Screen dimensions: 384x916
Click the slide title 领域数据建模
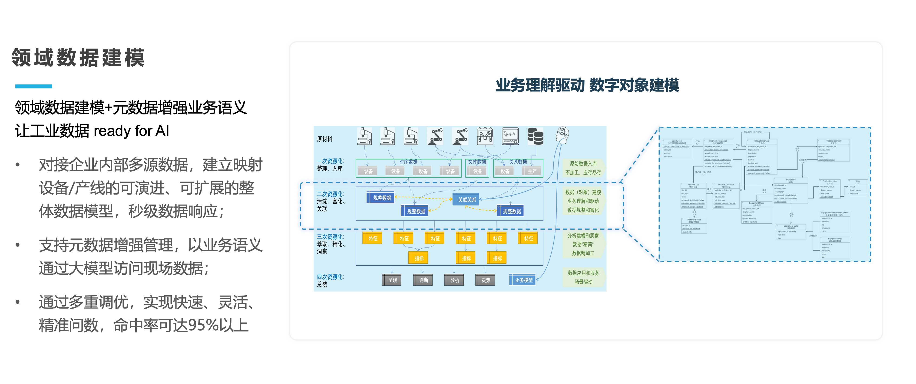pos(78,58)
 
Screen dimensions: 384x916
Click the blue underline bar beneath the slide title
pos(33,86)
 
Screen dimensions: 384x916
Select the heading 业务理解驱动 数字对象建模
pos(587,85)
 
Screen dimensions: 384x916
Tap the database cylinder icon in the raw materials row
pos(535,137)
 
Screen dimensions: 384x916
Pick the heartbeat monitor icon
pos(510,137)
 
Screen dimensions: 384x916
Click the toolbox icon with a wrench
pos(485,137)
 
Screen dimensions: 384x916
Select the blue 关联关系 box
pos(466,200)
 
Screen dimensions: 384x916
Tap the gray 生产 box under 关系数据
pos(532,171)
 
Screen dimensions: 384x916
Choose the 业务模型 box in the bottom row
pos(523,280)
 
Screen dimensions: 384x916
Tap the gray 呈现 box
pos(392,280)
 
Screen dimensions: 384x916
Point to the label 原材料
pos(325,139)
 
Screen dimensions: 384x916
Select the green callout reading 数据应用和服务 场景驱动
pos(584,277)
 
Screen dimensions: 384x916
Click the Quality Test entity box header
pos(677,142)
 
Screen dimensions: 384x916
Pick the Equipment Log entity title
pos(835,239)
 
